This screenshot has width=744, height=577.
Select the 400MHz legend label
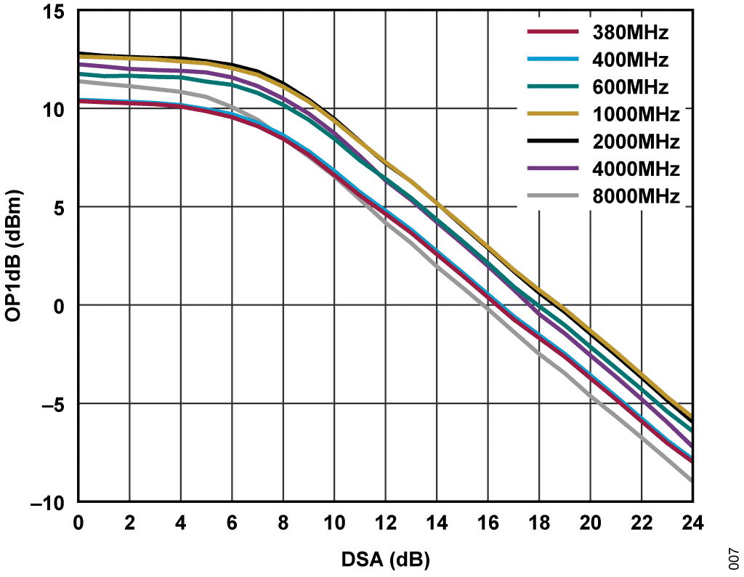(x=630, y=60)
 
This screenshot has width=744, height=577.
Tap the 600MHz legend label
(x=630, y=87)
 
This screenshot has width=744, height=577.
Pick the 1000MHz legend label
(x=636, y=115)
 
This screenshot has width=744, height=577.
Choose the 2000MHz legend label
(x=636, y=142)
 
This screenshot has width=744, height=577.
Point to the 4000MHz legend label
(x=636, y=169)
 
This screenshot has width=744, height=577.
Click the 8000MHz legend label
(x=636, y=197)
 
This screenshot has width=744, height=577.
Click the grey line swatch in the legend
(x=552, y=197)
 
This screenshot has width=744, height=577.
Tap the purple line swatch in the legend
(x=552, y=169)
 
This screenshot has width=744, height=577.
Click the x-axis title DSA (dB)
(x=384, y=560)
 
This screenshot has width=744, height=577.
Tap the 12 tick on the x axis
(x=385, y=522)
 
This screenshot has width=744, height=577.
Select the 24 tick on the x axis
(x=692, y=522)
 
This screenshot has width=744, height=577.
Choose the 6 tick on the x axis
(x=232, y=522)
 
